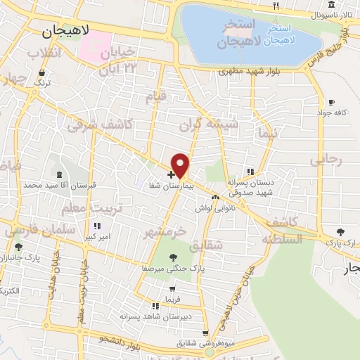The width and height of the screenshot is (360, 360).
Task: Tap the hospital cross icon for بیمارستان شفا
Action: pyautogui.click(x=171, y=174)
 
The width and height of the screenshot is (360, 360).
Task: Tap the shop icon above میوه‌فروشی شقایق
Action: pyautogui.click(x=205, y=334)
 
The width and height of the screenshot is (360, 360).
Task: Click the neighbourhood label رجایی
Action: pyautogui.click(x=326, y=160)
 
